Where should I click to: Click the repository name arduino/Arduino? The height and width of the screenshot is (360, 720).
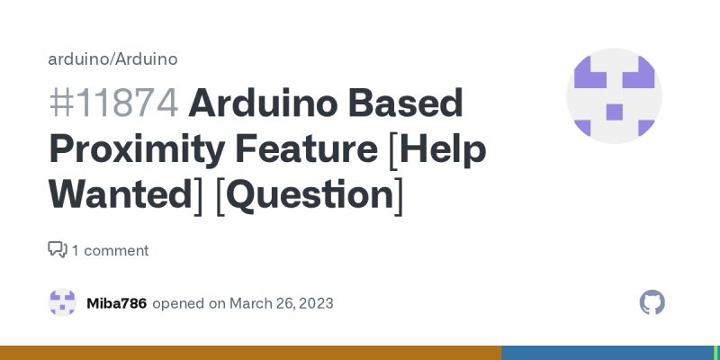(112, 59)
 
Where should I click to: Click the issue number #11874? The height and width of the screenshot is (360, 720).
(113, 104)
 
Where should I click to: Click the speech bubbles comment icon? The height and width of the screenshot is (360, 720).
(58, 249)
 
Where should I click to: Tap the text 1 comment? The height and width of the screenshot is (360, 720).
(110, 250)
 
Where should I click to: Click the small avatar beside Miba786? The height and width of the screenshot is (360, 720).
(62, 302)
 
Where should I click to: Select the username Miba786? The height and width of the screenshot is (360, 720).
(116, 303)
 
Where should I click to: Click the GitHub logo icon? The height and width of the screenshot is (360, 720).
(652, 302)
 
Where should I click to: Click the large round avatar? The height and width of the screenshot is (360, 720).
(614, 96)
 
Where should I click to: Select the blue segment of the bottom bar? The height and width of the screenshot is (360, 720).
(607, 353)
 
